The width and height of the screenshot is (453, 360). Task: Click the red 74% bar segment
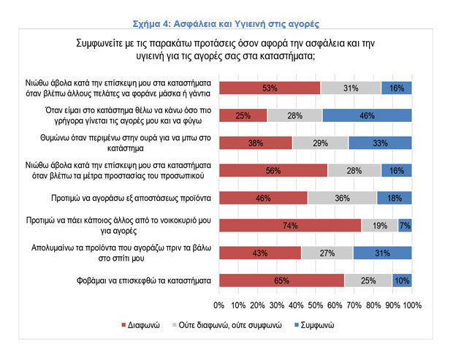pyautogui.click(x=290, y=226)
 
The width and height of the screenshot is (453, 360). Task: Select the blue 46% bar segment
pyautogui.click(x=368, y=115)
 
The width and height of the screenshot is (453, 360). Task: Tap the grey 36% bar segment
pyautogui.click(x=342, y=198)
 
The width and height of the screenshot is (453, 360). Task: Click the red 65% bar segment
pyautogui.click(x=281, y=280)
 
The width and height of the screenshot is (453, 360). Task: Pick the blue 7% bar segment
pyautogui.click(x=405, y=226)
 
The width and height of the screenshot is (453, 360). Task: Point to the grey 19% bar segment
pyautogui.click(x=379, y=226)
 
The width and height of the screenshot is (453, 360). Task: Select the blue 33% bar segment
pyautogui.click(x=380, y=142)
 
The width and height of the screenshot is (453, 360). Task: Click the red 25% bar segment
pyautogui.click(x=243, y=115)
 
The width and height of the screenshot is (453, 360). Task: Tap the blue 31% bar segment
pyautogui.click(x=382, y=253)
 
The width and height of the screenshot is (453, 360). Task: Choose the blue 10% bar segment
pyautogui.click(x=402, y=280)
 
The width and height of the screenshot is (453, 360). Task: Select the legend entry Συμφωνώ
pyautogui.click(x=317, y=324)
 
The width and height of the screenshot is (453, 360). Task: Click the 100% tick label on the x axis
pyautogui.click(x=411, y=304)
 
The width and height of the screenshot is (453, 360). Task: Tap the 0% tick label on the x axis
pyautogui.click(x=218, y=304)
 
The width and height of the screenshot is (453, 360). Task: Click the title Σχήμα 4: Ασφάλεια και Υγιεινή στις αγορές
pyautogui.click(x=226, y=8)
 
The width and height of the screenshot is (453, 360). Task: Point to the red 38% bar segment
pyautogui.click(x=255, y=142)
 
